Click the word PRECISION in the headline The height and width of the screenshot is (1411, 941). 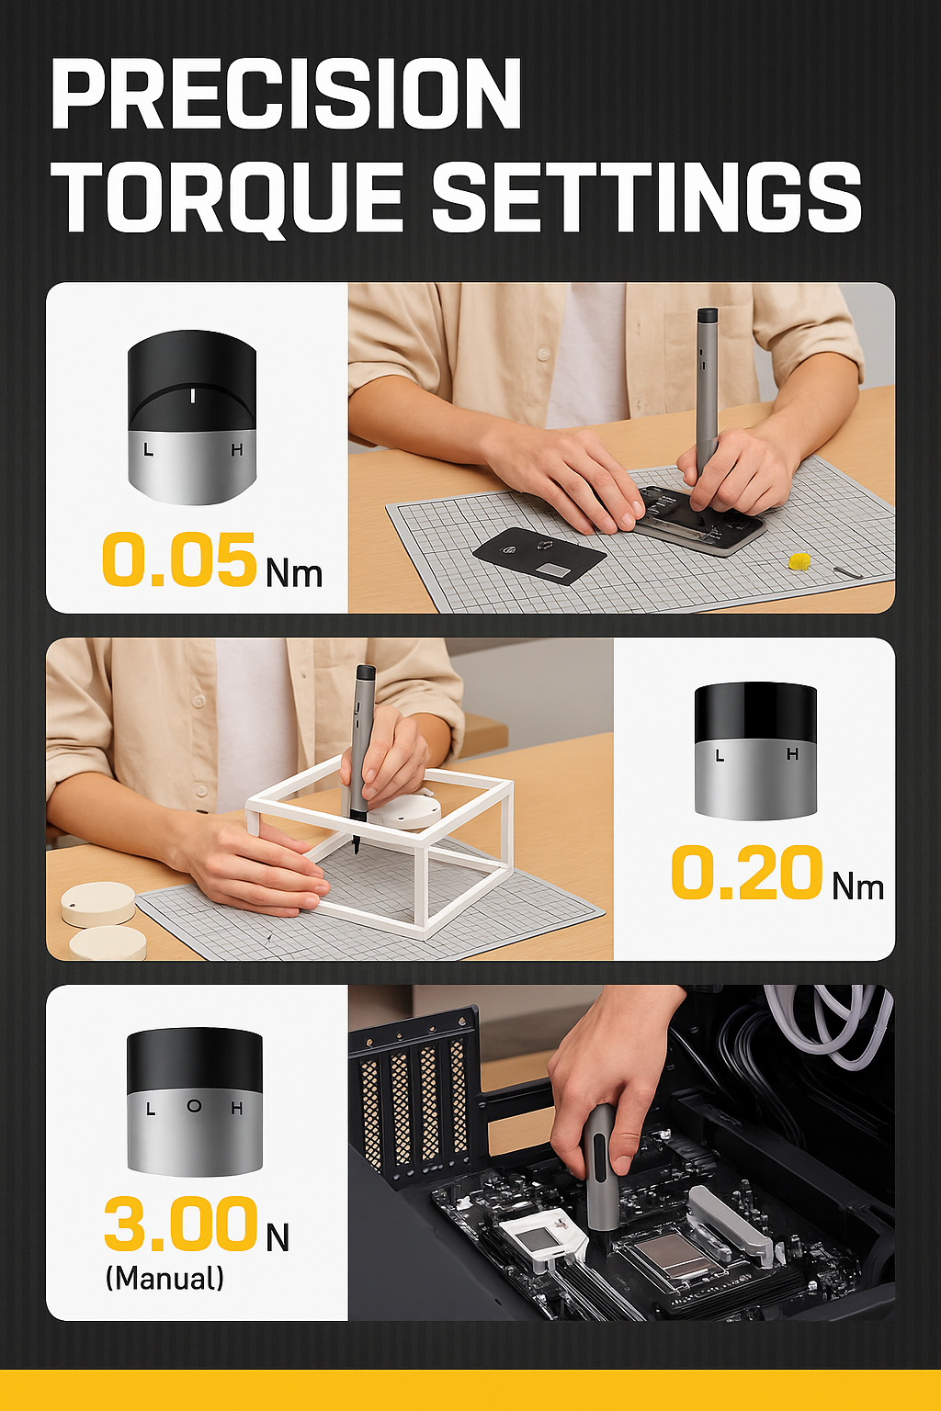pos(286,94)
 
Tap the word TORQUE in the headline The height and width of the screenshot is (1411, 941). pos(233,197)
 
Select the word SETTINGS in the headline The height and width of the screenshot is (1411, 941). pos(647,196)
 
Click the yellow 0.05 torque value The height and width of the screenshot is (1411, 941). pos(179,559)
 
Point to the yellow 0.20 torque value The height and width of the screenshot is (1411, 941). pos(747,873)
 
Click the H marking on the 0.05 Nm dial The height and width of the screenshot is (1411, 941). pos(237,450)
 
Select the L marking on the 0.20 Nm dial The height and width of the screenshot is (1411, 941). pos(720,754)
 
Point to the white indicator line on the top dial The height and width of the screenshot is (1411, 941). pos(193,396)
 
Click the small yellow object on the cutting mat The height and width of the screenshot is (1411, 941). pos(799,559)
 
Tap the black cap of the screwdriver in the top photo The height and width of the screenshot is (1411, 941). pos(708,314)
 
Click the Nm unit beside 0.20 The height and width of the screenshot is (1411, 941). pos(857,886)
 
